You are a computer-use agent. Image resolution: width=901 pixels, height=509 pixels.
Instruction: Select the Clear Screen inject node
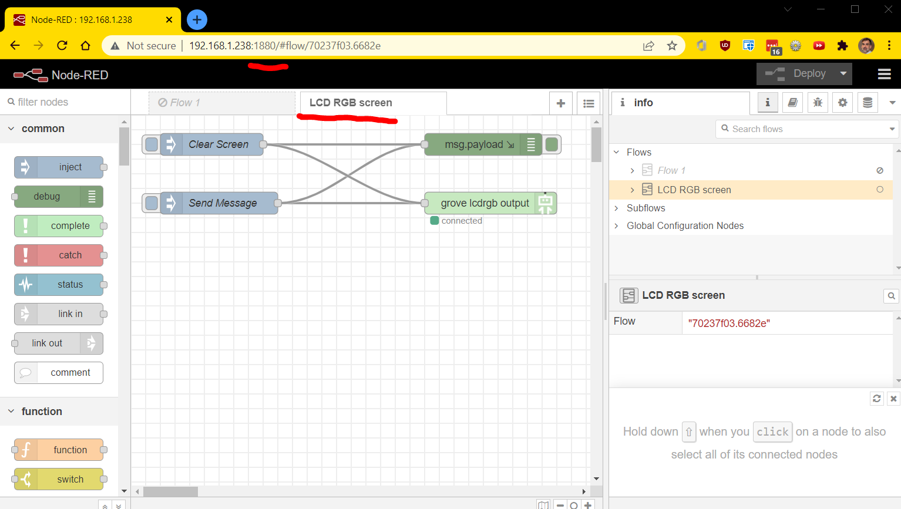[211, 144]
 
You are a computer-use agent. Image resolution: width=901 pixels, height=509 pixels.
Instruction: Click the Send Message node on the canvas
[219, 203]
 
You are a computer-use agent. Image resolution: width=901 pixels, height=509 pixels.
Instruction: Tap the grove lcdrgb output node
[490, 203]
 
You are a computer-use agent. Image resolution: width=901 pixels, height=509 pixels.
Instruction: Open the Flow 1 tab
[221, 103]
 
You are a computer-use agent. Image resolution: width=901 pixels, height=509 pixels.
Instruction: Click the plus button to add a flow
[561, 103]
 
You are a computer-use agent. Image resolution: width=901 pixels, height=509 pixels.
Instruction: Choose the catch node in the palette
[59, 255]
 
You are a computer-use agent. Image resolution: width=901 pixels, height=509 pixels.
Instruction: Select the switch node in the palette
[59, 479]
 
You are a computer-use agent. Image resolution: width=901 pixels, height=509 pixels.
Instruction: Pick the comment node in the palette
[59, 373]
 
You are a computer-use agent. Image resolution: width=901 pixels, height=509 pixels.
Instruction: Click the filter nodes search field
[65, 102]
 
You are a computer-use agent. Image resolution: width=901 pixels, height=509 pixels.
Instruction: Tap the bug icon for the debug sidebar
[818, 103]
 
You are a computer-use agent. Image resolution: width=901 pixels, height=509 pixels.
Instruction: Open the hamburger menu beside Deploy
[884, 74]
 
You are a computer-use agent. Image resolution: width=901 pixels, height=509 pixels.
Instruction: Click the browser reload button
[62, 45]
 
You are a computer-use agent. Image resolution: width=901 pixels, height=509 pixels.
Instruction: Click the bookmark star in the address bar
[672, 46]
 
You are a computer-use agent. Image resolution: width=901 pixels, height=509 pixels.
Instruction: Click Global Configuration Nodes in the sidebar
[685, 226]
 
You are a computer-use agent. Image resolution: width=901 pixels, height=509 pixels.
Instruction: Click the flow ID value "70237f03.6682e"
[729, 323]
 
